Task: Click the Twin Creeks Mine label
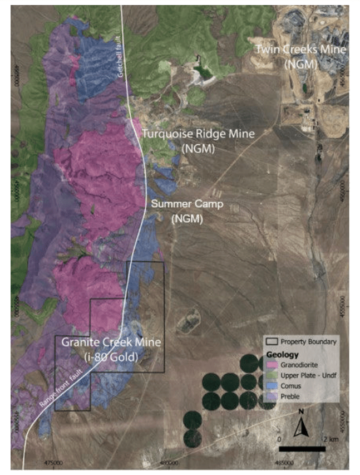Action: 300,50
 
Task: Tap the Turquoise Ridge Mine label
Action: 198,134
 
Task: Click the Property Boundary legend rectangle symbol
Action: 272,342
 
